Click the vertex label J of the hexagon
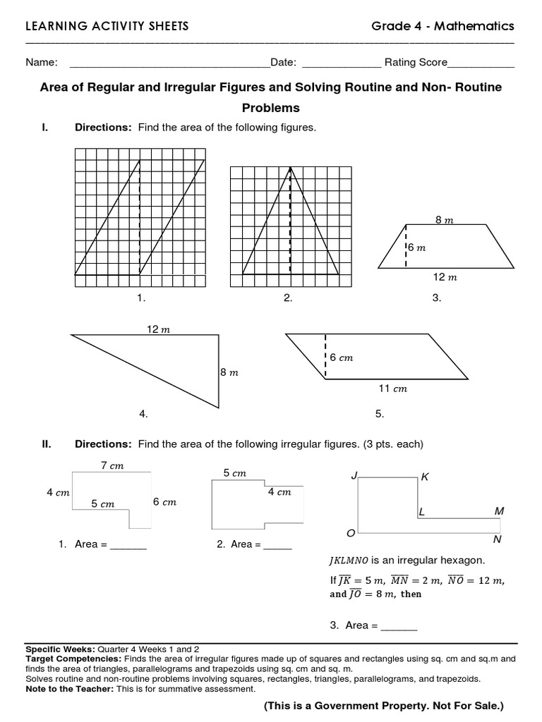[x=354, y=477]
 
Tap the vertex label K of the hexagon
[x=425, y=477]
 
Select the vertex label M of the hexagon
[x=499, y=510]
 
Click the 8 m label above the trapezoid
[x=444, y=220]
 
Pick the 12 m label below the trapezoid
[x=445, y=277]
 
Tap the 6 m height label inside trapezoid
[x=417, y=247]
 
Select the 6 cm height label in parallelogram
[x=341, y=357]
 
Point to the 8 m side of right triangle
[x=229, y=372]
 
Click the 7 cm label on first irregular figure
[x=112, y=465]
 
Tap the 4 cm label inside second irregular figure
[x=279, y=492]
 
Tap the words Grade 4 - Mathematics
[x=443, y=26]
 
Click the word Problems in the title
[x=271, y=108]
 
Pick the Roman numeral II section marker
[x=46, y=443]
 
